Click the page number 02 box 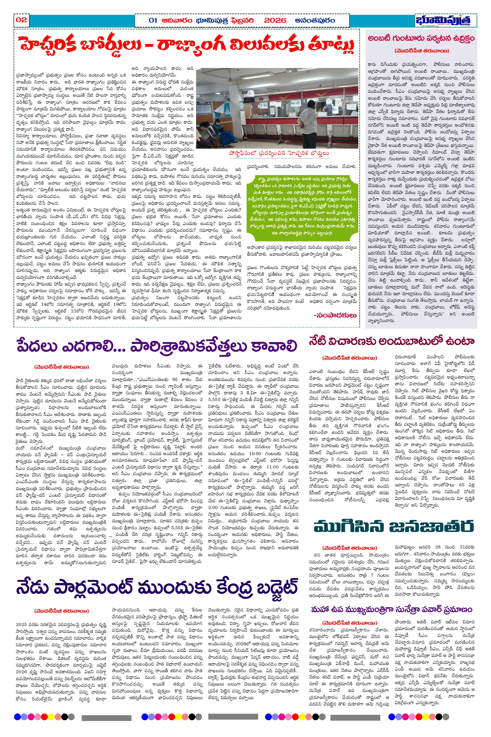21,20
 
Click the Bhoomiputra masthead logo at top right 443,20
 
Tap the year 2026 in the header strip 275,20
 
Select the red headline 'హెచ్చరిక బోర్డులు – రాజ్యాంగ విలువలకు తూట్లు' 187,46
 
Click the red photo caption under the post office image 279,153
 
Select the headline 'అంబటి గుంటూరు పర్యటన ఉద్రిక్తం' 421,38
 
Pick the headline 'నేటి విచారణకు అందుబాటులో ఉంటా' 391,341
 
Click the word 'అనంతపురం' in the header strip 315,20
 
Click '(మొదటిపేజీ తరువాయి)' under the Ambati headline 421,51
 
